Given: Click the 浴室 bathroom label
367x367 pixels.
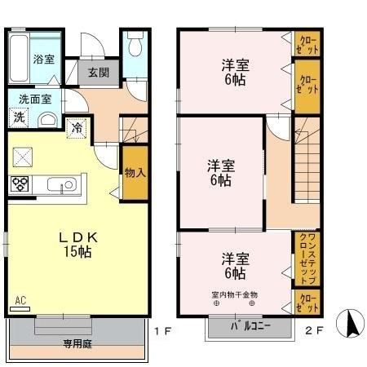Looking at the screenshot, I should [44, 59].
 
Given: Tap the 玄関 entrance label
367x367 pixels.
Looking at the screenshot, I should [99, 72].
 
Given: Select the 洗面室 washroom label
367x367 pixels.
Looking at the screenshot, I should [35, 98].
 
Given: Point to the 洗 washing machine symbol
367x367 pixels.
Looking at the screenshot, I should [19, 117].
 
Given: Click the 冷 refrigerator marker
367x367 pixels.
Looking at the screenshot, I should [76, 127].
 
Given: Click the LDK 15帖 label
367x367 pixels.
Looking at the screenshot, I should [77, 244].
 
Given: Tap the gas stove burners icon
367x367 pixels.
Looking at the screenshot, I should [20, 184].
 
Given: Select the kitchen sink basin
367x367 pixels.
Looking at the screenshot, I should [61, 183].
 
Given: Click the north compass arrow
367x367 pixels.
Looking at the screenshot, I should [353, 325].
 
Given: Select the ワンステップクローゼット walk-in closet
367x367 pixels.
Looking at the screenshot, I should [307, 257].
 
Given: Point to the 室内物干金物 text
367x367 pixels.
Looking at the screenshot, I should [234, 294].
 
